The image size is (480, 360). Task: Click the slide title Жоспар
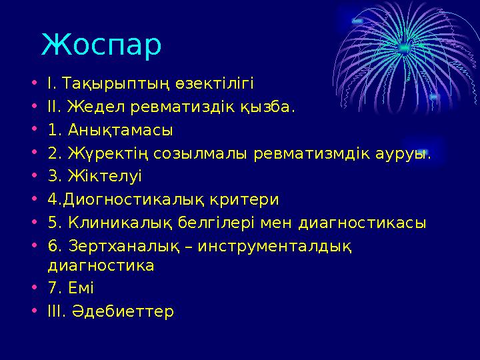(101, 45)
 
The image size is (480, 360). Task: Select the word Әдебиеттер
(127, 311)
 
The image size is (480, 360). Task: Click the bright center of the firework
(405, 46)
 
